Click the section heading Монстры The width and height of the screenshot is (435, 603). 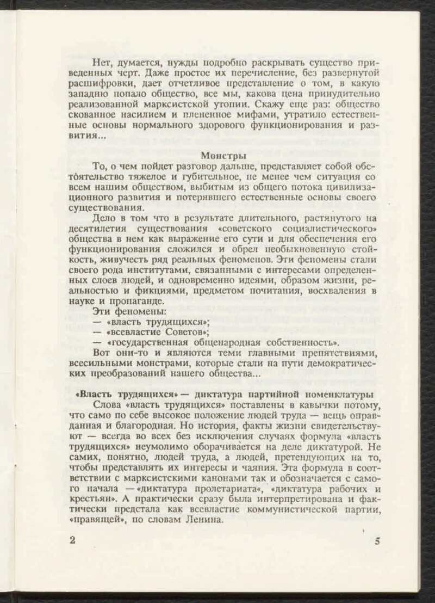[x=223, y=157]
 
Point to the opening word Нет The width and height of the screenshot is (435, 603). [x=101, y=61]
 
